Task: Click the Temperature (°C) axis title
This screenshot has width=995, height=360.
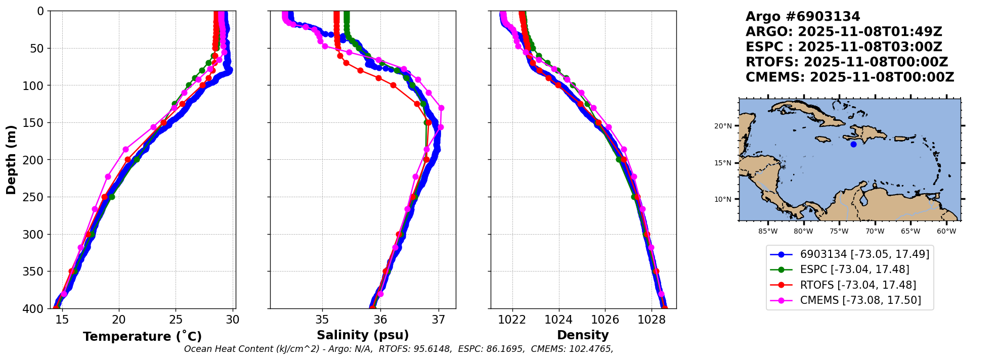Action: (x=142, y=336)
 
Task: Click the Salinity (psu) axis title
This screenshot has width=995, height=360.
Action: (x=363, y=335)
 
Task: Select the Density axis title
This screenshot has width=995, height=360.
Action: (x=583, y=335)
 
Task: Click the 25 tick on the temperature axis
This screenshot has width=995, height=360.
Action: (x=176, y=320)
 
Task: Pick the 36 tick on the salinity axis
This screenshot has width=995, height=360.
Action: (x=380, y=320)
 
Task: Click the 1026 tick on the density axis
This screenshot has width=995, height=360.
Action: (x=605, y=320)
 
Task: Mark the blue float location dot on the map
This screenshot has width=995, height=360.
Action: (x=853, y=144)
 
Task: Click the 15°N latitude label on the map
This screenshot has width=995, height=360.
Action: (x=723, y=163)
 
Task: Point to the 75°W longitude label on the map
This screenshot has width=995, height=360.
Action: (x=839, y=232)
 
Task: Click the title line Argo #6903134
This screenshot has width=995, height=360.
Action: (x=803, y=17)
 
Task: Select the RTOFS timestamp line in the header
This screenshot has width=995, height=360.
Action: (x=846, y=62)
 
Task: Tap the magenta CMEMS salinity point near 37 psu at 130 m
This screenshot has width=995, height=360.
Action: (x=441, y=108)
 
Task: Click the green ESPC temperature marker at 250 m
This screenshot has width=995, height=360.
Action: (x=112, y=197)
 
